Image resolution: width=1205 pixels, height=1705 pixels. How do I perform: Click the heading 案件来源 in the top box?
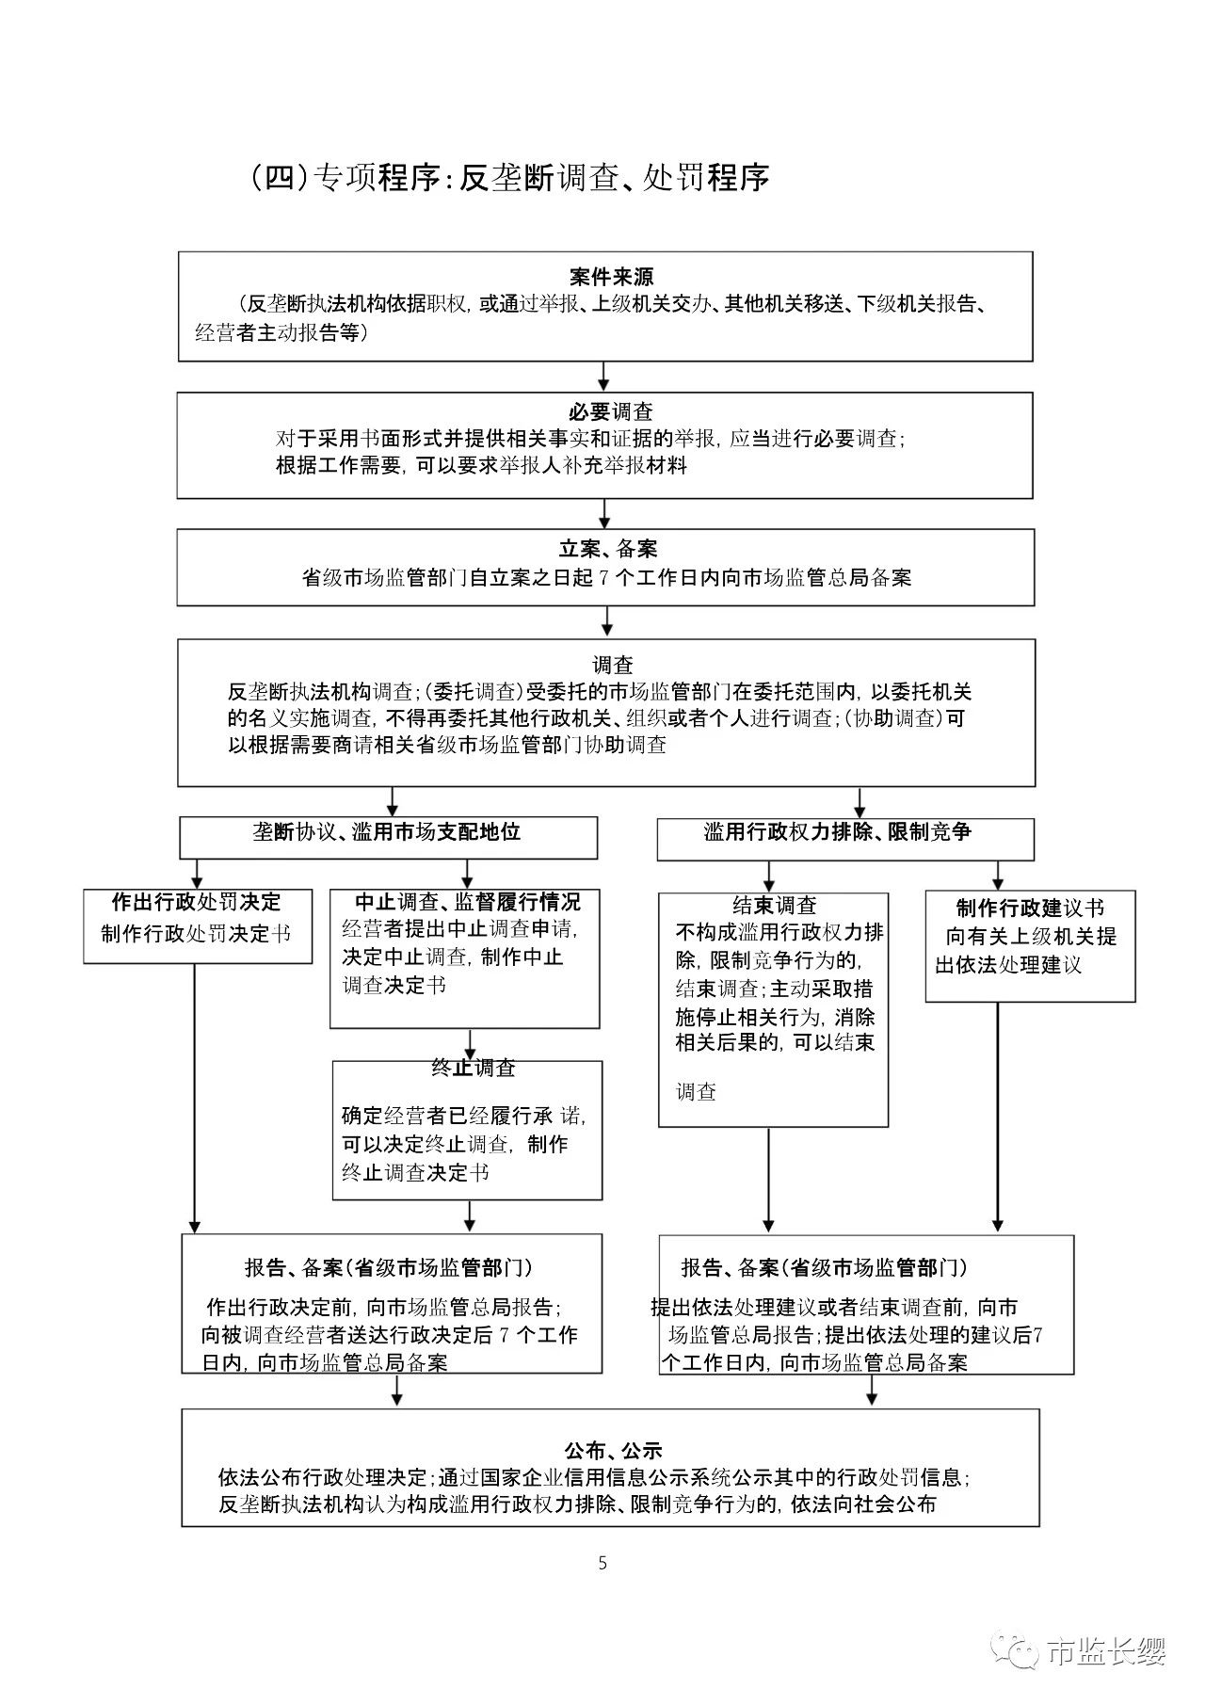pyautogui.click(x=611, y=278)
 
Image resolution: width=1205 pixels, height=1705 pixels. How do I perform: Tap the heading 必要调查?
pyautogui.click(x=611, y=412)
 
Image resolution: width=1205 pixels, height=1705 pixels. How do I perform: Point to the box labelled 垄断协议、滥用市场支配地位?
pyautogui.click(x=388, y=836)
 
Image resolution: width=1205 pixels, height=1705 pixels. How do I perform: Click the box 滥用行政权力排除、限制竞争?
pyautogui.click(x=844, y=837)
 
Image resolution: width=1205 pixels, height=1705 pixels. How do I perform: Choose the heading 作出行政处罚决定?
pyautogui.click(x=196, y=902)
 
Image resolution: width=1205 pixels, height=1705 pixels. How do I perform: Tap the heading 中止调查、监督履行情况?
pyautogui.click(x=467, y=902)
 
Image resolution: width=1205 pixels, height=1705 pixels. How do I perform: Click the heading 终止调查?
pyautogui.click(x=474, y=1069)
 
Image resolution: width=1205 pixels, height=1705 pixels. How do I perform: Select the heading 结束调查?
pyautogui.click(x=775, y=906)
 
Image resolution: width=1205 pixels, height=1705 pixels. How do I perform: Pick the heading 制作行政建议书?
pyautogui.click(x=1030, y=909)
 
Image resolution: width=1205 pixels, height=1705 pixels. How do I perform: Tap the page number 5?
pyautogui.click(x=602, y=1563)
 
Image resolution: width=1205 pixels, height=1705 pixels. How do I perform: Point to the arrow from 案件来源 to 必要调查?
pyautogui.click(x=604, y=377)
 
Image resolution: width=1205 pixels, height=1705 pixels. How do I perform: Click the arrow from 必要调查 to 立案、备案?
pyautogui.click(x=604, y=513)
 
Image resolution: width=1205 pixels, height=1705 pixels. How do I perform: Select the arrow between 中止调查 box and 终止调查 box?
pyautogui.click(x=468, y=1044)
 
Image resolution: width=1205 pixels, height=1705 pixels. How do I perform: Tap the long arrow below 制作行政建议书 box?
pyautogui.click(x=998, y=1116)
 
